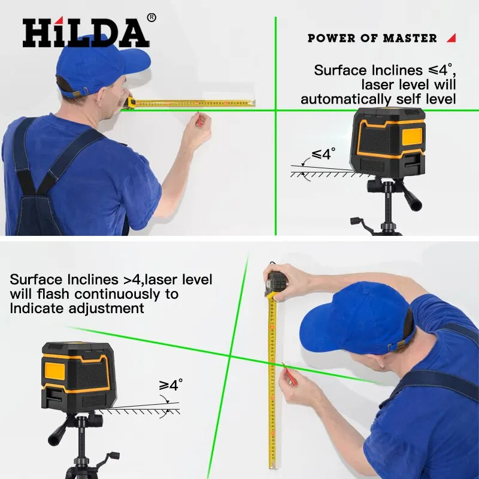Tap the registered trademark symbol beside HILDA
pyautogui.click(x=151, y=18)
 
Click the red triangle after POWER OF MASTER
pyautogui.click(x=451, y=38)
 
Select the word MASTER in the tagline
pyautogui.click(x=410, y=38)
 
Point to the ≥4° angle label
pyautogui.click(x=171, y=385)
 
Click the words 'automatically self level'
pyautogui.click(x=378, y=99)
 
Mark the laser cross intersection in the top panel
pyautogui.click(x=275, y=110)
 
